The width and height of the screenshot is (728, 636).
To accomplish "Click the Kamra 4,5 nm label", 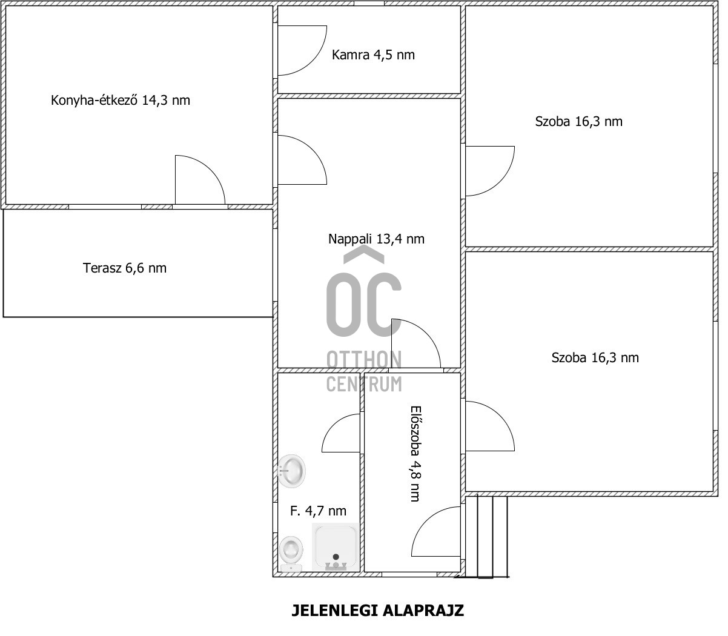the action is [373, 55].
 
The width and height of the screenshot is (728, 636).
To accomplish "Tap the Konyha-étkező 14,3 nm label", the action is [121, 101].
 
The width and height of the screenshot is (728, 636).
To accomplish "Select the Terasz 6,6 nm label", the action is [125, 268].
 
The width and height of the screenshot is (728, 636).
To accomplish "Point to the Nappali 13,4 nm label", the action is [376, 239].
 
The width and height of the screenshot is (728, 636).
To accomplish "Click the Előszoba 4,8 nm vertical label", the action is [415, 454].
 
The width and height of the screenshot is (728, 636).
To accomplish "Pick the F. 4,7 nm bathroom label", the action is [318, 511].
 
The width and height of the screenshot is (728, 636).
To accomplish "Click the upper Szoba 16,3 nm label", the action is [578, 122].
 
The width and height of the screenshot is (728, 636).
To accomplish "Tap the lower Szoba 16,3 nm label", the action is [595, 357].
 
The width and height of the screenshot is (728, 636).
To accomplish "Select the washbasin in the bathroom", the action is [292, 471].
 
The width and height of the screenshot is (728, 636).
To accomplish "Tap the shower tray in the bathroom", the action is [335, 548].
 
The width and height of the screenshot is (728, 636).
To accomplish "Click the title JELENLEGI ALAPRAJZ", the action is [378, 611].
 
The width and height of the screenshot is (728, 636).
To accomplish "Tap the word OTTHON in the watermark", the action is [364, 359].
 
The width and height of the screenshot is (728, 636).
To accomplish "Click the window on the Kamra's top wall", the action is [369, 3].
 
